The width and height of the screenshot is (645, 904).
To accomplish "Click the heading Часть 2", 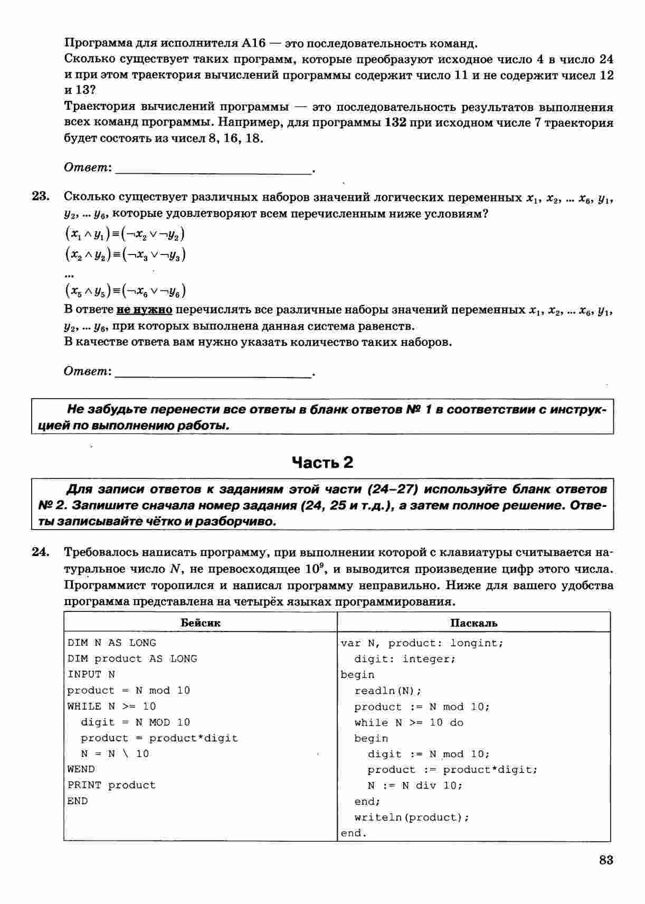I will click(x=322, y=463).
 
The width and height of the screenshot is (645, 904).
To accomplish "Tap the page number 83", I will click(x=606, y=860).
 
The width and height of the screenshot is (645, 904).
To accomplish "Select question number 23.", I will click(x=41, y=196).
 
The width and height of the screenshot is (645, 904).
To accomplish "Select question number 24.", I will click(x=41, y=552).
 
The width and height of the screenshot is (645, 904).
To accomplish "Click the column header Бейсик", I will click(x=201, y=623).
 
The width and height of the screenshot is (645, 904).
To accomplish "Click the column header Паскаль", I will click(x=473, y=623).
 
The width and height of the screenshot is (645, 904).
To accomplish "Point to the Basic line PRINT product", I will click(x=111, y=785).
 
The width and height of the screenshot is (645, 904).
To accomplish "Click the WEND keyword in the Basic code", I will click(x=81, y=769).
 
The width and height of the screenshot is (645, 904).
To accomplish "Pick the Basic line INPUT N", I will click(x=91, y=674).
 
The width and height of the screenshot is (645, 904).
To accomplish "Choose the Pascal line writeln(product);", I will click(x=412, y=817).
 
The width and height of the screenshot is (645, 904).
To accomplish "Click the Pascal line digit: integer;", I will click(x=404, y=659).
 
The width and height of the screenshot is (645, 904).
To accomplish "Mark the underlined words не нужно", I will click(x=145, y=309).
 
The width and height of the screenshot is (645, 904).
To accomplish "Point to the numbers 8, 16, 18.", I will click(x=239, y=139).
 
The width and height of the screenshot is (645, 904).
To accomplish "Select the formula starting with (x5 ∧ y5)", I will click(x=125, y=291).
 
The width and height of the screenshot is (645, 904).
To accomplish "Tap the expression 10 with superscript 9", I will click(x=311, y=569).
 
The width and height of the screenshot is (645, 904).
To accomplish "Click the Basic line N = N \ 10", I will click(x=115, y=754).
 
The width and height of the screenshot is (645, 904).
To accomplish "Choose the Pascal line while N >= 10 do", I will click(x=409, y=722).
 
